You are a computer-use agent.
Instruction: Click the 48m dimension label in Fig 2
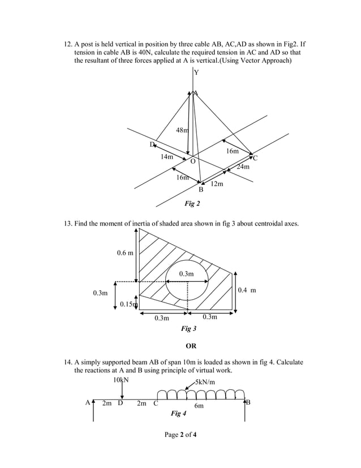coord(182,130)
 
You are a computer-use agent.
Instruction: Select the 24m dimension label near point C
coord(243,167)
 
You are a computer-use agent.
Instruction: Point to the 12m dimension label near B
coord(216,185)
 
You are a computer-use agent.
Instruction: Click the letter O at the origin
coord(193,161)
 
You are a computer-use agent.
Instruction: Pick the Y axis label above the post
coord(196,72)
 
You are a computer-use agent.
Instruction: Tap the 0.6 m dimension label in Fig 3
coord(125,252)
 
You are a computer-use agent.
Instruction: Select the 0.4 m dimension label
coord(247,290)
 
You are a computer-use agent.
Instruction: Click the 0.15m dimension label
coord(129,305)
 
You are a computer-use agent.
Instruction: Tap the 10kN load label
coord(121,380)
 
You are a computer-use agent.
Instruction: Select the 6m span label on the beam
coord(199,406)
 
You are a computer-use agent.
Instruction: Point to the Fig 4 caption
coord(178,414)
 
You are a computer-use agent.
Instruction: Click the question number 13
coord(66,225)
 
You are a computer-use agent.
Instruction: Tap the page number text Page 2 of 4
coord(180,435)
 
